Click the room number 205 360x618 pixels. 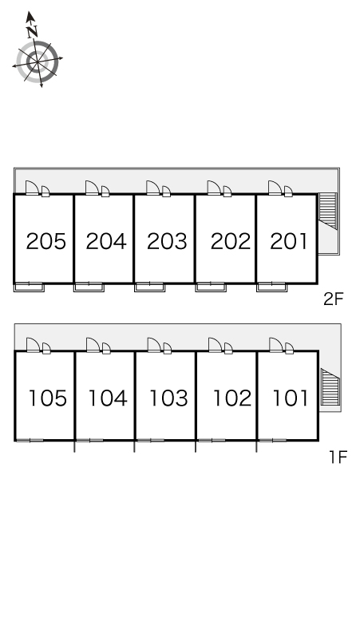click(x=45, y=241)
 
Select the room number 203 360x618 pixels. click(x=167, y=241)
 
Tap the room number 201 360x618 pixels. click(x=289, y=241)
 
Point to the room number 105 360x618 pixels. click(x=48, y=398)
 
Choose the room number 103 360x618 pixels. click(x=168, y=398)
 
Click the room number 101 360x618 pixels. click(x=291, y=398)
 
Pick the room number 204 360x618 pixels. click(x=106, y=241)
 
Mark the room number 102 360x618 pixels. click(x=232, y=398)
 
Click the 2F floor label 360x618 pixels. click(x=334, y=299)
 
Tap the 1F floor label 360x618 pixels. click(x=338, y=458)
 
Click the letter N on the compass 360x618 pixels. click(x=32, y=31)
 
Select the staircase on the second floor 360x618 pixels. click(x=328, y=211)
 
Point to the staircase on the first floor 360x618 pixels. click(x=330, y=387)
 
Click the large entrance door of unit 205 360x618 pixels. click(x=31, y=188)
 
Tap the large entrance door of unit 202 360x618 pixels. click(x=213, y=188)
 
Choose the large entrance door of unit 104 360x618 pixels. click(x=92, y=345)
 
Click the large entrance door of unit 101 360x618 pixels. click(x=275, y=345)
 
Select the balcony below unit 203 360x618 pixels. click(x=150, y=287)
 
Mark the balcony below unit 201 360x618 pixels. click(x=271, y=287)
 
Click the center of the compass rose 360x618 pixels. click(x=38, y=62)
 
